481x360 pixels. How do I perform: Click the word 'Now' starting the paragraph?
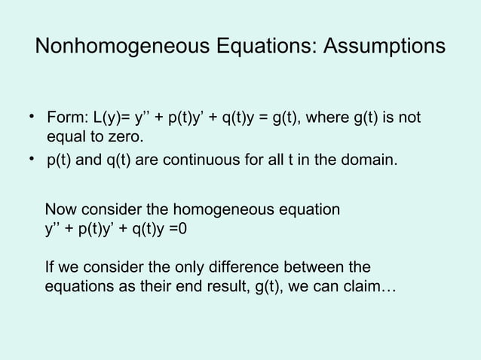point(61,209)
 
